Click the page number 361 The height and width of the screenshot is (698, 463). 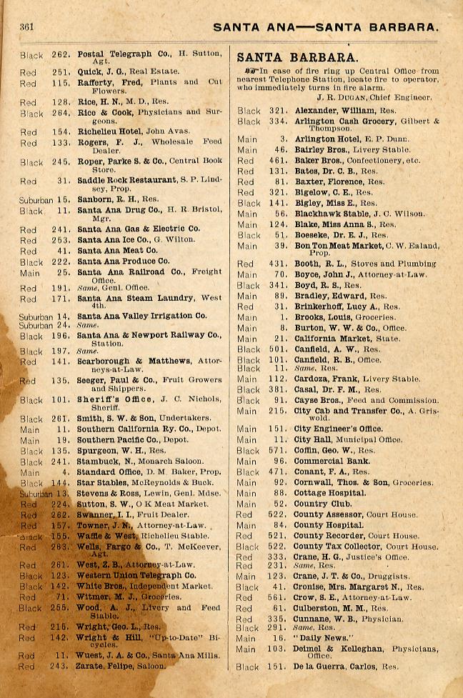point(28,26)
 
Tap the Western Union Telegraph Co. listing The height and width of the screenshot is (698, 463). point(136,574)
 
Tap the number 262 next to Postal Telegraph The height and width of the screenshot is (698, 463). point(60,54)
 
